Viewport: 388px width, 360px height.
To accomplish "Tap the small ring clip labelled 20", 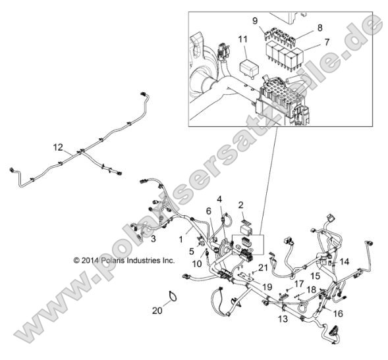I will click(x=171, y=297).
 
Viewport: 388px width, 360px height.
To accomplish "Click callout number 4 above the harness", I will click(x=219, y=199).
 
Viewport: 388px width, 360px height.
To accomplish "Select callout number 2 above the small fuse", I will click(x=241, y=205).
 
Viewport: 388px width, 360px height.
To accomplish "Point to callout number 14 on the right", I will click(x=345, y=261).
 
